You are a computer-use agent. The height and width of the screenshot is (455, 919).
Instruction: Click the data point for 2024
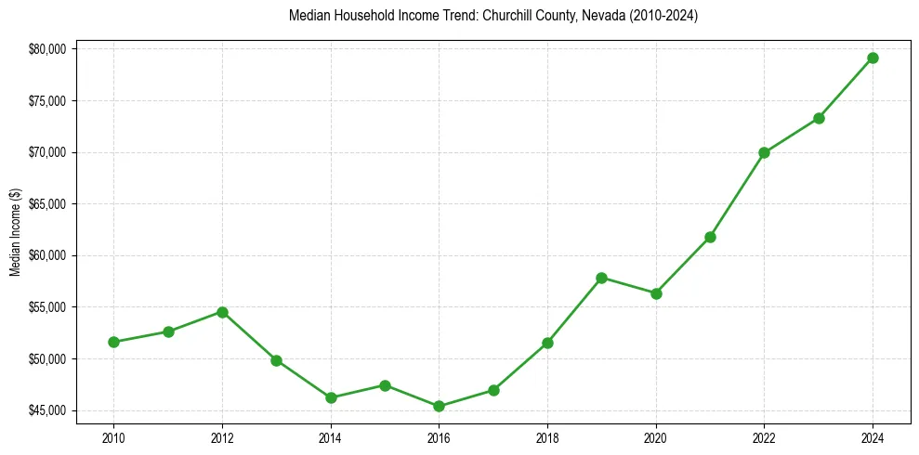[873, 58]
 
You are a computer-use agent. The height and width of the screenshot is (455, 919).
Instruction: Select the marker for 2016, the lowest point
[439, 406]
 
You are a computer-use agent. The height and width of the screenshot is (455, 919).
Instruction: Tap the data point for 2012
[222, 312]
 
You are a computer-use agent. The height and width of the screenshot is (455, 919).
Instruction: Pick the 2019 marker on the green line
[601, 278]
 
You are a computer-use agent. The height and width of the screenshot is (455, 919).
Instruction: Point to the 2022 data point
[764, 152]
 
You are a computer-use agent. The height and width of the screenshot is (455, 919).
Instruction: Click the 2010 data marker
[113, 342]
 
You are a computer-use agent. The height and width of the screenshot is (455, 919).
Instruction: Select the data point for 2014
[331, 397]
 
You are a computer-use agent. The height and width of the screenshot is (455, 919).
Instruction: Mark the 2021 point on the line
[710, 237]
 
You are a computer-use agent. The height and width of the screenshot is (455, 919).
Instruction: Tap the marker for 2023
[819, 118]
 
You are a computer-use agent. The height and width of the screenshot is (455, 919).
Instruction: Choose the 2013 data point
[276, 360]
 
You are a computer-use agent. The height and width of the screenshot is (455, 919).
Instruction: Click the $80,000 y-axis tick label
[48, 48]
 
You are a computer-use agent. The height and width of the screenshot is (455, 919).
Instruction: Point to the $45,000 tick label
[48, 410]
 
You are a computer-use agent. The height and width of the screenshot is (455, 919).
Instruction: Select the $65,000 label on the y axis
[48, 203]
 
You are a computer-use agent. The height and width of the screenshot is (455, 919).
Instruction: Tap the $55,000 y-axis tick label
[48, 307]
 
